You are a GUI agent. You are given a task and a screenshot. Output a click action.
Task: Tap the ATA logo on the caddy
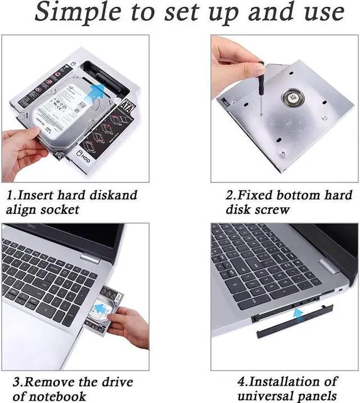click(x=128, y=106)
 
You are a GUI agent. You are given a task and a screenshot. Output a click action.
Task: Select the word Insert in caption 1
click(x=42, y=196)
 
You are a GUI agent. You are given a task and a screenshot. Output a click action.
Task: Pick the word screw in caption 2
click(x=273, y=210)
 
